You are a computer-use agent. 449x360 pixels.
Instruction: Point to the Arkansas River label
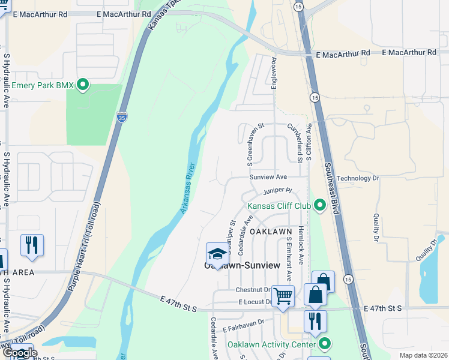[x=188, y=188]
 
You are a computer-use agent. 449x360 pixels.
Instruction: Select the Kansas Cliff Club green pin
[x=319, y=206]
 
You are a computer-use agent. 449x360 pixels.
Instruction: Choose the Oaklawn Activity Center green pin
[x=325, y=344]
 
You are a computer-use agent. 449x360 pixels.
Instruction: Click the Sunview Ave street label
[x=269, y=177]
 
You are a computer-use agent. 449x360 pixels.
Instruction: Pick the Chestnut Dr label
[x=253, y=290]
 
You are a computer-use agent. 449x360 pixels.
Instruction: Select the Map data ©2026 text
[x=424, y=355]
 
